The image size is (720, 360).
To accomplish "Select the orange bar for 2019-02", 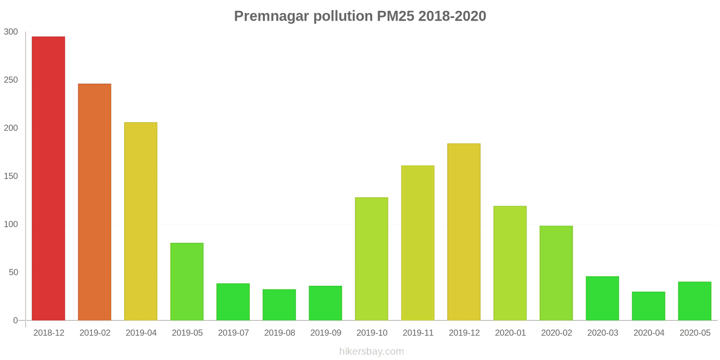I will pos(94,202).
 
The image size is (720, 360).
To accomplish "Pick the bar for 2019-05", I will pos(187,282).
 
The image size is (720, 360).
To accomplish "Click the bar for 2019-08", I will pos(279,305).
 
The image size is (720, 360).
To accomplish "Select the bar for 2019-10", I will pos(372,259).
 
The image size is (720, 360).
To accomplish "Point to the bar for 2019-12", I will pos(464,232).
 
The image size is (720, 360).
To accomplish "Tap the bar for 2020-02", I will pos(556,273).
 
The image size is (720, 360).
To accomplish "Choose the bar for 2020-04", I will pos(648,306).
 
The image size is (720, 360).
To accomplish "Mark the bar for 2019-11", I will pos(418,243).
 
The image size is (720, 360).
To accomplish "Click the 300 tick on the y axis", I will pos(11,32).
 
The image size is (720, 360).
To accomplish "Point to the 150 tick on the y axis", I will pos(11,176).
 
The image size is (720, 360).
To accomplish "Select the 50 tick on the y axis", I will pos(13,273).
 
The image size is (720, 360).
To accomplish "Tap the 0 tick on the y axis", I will pos(15,321).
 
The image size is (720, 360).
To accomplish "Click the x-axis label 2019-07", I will pos(234,333).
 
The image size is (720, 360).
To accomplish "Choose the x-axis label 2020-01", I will pos(510,333).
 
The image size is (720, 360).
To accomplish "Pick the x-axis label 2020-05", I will pos(695,333).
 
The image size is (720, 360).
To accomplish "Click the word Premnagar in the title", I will pos(271,16).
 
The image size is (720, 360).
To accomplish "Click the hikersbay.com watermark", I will pos(372,351).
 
